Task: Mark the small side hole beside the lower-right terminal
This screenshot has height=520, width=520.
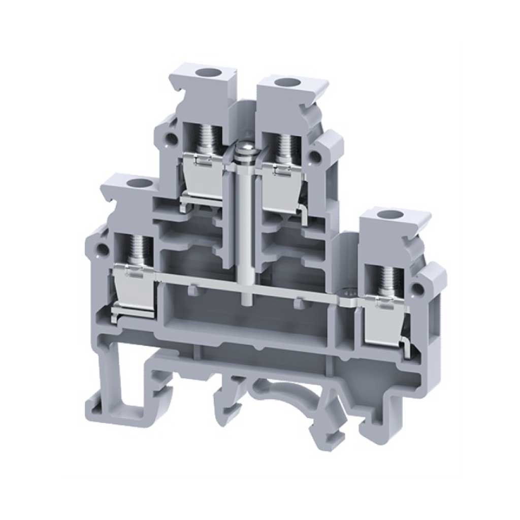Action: (x=418, y=290)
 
